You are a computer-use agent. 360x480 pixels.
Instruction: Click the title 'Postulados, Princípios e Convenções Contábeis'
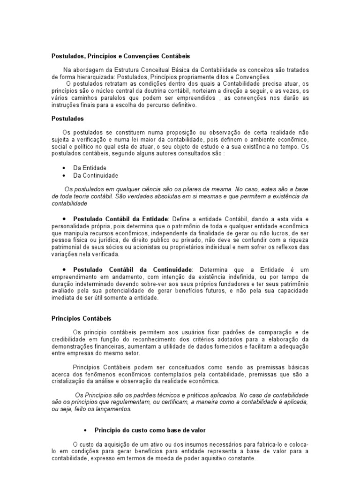click(120, 56)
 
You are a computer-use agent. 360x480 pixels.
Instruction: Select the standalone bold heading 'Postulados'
click(67, 119)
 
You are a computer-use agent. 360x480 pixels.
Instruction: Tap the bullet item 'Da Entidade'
click(90, 168)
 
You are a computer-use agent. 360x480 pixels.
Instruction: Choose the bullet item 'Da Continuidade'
click(96, 175)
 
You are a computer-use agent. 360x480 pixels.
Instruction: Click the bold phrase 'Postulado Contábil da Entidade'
click(120, 219)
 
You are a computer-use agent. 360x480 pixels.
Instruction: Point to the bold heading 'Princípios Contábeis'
click(81, 318)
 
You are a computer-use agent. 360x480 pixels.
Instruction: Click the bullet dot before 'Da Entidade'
click(63, 168)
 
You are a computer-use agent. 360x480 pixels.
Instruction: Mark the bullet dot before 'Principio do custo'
click(85, 430)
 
